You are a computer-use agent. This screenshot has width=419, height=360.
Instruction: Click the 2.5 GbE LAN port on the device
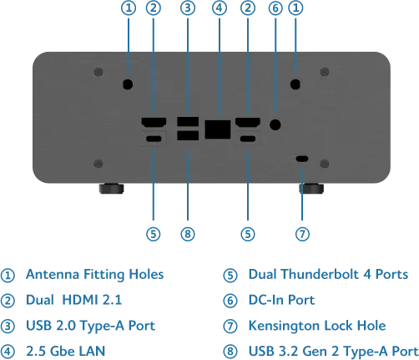218,129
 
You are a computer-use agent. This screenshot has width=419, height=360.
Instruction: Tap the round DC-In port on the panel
275,124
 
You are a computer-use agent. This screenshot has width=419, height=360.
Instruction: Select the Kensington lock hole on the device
302,159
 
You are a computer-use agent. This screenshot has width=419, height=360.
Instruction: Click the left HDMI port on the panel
154,123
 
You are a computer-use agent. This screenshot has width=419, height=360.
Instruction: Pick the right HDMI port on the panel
248,123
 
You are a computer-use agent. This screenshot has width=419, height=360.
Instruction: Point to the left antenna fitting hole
128,84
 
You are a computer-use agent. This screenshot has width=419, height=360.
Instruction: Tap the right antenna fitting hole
295,84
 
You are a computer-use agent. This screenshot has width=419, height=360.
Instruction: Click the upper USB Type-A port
188,122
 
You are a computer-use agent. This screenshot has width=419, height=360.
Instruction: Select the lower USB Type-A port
188,135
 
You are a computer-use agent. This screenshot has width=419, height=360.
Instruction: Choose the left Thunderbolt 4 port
154,139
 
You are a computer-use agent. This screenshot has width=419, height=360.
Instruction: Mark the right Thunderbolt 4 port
248,139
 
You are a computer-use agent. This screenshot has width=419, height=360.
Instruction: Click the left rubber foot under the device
111,188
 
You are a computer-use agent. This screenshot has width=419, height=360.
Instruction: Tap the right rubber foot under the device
311,188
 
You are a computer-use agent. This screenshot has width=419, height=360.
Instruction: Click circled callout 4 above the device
220,8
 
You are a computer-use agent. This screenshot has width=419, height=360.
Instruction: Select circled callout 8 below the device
188,234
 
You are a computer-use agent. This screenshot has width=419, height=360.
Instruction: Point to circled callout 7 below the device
302,234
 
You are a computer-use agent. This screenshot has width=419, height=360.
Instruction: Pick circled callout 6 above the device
275,8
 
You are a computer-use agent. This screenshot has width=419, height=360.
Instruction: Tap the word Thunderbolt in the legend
320,274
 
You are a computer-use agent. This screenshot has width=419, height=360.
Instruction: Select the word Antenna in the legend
53,274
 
